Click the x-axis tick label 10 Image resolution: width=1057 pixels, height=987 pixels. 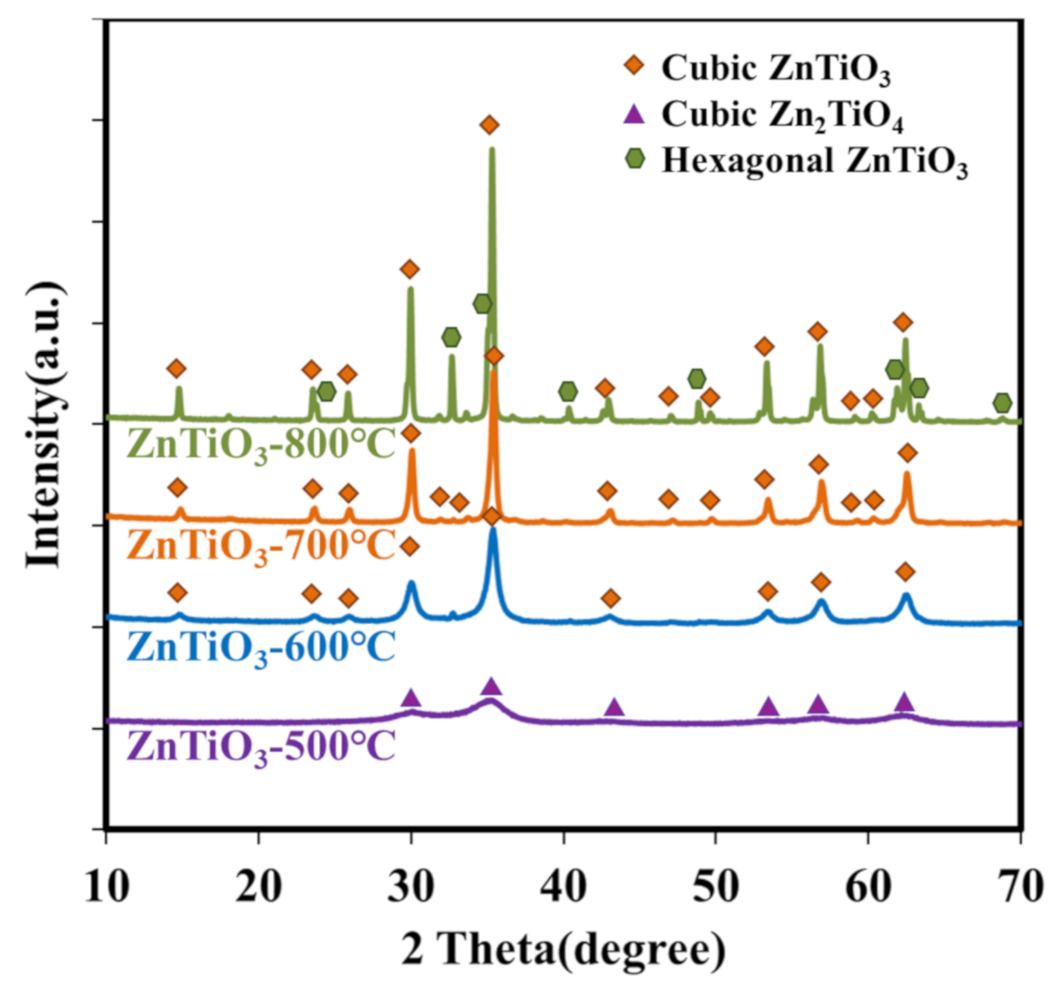tap(106, 886)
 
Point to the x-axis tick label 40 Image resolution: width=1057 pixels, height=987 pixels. tap(563, 886)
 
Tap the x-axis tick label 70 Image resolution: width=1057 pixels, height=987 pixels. tap(1021, 886)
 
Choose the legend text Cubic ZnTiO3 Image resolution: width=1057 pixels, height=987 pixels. tap(776, 68)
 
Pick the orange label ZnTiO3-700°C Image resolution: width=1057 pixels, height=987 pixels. tap(261, 546)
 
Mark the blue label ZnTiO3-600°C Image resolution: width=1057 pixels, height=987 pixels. tap(261, 648)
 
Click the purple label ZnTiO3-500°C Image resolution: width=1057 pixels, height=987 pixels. tap(261, 748)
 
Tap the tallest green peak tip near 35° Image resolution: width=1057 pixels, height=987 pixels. tap(492, 150)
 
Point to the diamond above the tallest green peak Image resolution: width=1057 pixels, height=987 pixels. tap(490, 124)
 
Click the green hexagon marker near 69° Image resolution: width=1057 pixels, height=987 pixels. tap(1002, 403)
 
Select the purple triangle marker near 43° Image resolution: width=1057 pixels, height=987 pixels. tap(614, 707)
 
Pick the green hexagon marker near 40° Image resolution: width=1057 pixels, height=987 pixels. tap(568, 391)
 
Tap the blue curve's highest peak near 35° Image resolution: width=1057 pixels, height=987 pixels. tap(494, 530)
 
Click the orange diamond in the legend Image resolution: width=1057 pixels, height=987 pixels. tap(636, 65)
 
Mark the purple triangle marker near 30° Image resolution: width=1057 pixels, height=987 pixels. tap(411, 698)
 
